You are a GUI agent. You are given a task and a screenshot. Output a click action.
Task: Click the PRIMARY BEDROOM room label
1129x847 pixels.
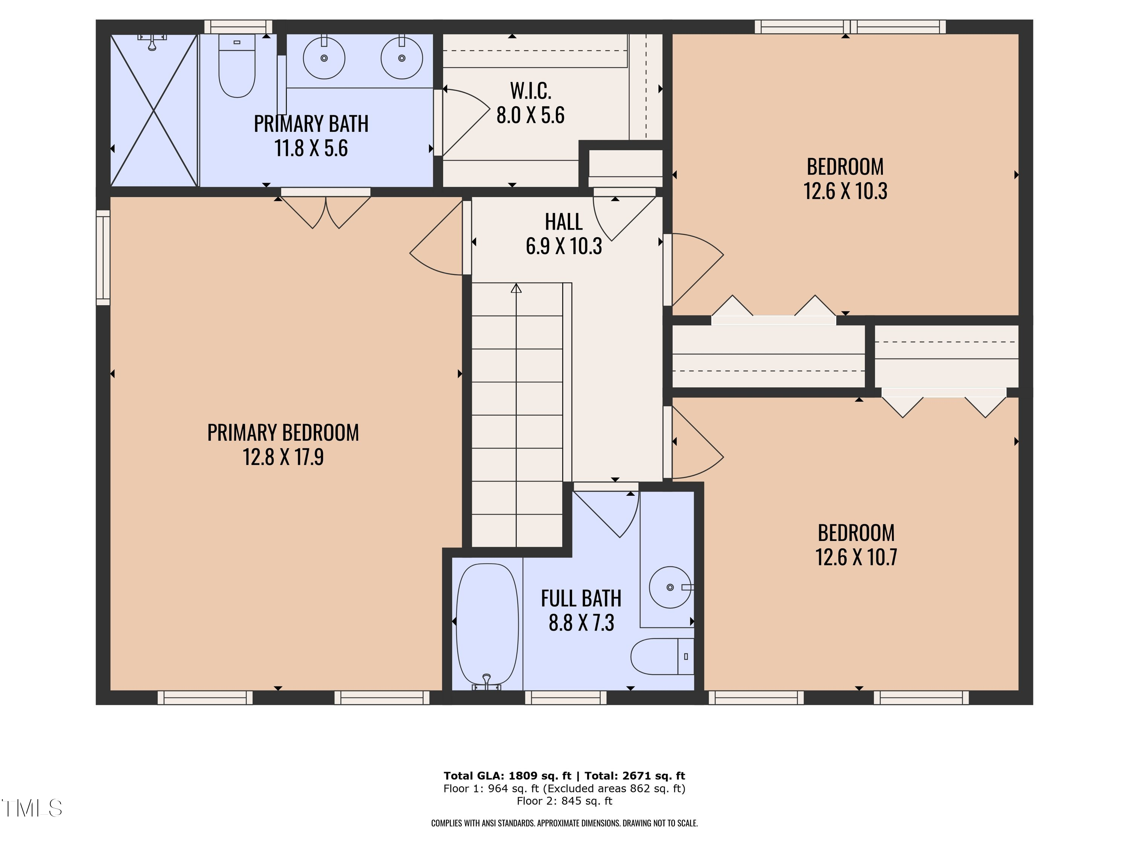pos(283,433)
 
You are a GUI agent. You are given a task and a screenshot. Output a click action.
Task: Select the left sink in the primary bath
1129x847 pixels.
pos(324,58)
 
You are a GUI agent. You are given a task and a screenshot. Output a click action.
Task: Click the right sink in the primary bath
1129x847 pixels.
pos(402,58)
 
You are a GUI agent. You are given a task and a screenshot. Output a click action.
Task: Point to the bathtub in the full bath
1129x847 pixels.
pos(487,624)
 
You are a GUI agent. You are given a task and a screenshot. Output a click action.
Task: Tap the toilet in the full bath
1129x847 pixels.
pos(661,657)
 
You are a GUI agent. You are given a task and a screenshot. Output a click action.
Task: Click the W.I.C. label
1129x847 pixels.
pos(531,91)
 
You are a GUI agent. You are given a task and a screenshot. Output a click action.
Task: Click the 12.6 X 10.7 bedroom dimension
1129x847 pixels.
pos(856,557)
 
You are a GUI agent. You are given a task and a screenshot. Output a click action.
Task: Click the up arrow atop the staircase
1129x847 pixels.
pos(516,288)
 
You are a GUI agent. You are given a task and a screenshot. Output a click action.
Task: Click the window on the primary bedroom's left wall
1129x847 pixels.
pos(103,258)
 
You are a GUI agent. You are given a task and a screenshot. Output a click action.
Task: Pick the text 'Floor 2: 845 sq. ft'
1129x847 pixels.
pos(564,801)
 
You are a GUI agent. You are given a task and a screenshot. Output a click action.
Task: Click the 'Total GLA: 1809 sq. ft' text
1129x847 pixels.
pos(507,776)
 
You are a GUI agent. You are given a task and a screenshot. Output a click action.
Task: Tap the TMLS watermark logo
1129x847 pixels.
pos(32,808)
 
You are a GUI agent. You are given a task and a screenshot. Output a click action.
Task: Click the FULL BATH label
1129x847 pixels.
pos(581,599)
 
